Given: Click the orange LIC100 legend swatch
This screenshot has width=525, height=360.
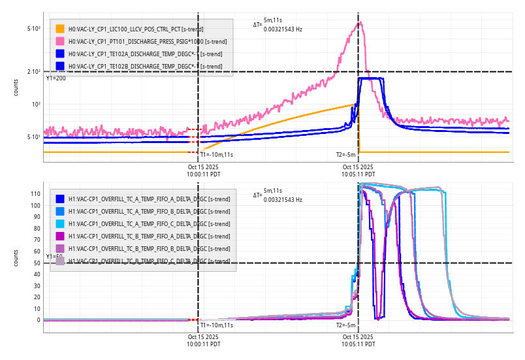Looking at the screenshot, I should [60, 29].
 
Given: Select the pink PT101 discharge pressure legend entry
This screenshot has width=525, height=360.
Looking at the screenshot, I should [137, 41].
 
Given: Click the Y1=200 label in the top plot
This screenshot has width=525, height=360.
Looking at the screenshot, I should [56, 78].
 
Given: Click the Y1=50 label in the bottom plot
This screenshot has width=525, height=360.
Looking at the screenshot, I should [54, 257].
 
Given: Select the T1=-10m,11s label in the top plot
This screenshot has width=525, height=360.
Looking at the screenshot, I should [216, 155].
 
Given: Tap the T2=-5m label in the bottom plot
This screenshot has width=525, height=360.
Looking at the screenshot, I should [346, 325].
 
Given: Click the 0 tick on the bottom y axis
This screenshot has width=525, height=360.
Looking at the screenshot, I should [38, 320].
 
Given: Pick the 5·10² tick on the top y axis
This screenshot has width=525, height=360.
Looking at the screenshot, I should [34, 29].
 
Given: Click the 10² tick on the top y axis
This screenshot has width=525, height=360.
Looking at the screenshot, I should [36, 105].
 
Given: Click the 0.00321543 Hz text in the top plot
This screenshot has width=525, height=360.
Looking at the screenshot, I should [283, 29].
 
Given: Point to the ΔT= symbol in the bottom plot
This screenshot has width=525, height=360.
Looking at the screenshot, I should [257, 195].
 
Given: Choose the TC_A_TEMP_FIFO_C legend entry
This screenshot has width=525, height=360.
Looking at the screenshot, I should [149, 223].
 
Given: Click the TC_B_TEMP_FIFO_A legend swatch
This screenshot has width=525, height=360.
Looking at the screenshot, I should [60, 236].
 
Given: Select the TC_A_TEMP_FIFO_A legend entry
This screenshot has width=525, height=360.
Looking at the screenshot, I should [149, 199].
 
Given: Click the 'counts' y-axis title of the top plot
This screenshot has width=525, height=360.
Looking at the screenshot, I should [16, 88].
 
